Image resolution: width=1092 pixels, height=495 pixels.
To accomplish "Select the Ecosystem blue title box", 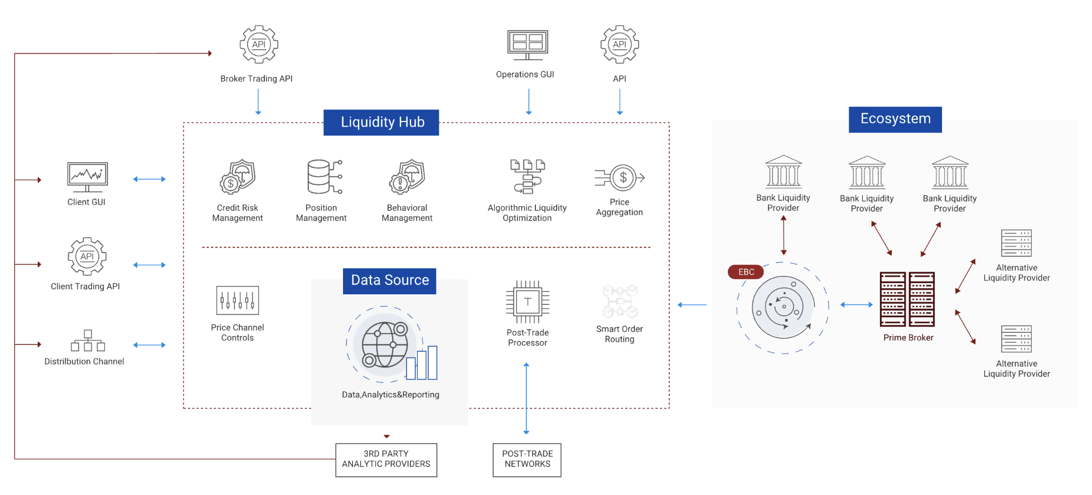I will click(895, 119).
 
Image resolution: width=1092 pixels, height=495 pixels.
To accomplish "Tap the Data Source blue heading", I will click(389, 280).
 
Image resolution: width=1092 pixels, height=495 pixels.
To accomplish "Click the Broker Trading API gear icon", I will click(259, 44).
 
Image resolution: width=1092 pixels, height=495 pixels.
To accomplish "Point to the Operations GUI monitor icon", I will click(528, 45).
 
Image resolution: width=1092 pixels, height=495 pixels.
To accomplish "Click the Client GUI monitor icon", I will click(87, 177).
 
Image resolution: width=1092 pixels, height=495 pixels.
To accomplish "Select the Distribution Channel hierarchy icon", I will click(88, 340).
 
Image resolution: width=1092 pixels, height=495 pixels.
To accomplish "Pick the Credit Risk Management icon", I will click(238, 177).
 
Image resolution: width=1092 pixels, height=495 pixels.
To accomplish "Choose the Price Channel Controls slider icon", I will click(238, 300).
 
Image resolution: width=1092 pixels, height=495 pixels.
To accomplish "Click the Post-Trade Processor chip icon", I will click(528, 302).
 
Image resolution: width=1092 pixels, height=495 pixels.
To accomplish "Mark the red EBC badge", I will click(746, 272).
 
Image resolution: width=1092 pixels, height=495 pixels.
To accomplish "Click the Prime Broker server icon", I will click(907, 299).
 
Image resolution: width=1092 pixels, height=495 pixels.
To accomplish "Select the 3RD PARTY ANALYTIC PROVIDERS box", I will click(386, 460).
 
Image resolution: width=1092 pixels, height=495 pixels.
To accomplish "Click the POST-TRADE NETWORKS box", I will click(527, 460).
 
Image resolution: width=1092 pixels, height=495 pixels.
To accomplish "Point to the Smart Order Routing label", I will click(619, 334).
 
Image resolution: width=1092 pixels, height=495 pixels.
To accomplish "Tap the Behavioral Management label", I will click(407, 213).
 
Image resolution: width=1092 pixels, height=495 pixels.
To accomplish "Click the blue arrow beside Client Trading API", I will click(149, 265).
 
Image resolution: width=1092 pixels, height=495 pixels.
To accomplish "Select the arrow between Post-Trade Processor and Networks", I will click(526, 398).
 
